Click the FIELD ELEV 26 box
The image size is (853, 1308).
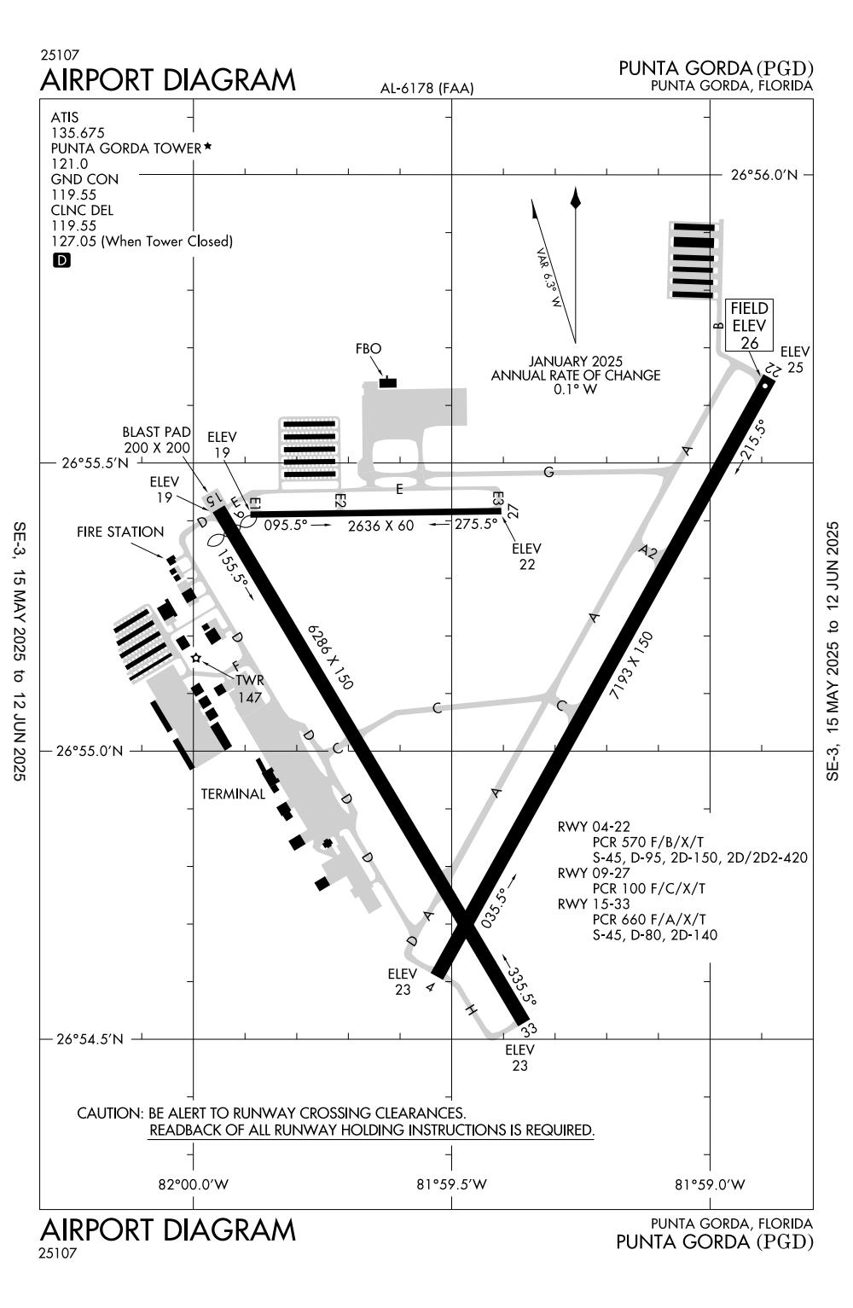tap(749, 325)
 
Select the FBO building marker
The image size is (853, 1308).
tap(388, 382)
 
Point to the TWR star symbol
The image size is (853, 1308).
tap(196, 658)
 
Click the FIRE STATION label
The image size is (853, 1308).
tap(120, 532)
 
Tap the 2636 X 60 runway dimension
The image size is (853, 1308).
tap(380, 526)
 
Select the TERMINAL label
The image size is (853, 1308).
tap(233, 794)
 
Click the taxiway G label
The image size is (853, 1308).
tap(548, 472)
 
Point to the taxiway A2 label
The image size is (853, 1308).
tap(650, 553)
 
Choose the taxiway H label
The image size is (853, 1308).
tap(470, 1010)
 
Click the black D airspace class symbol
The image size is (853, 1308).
tap(61, 261)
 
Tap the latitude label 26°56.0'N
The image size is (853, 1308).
tap(764, 175)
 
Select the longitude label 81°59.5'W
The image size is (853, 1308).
tap(451, 1184)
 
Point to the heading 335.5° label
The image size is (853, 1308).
tap(521, 985)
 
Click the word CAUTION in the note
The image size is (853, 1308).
tap(109, 1113)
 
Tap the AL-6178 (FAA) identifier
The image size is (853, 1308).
tap(426, 89)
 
